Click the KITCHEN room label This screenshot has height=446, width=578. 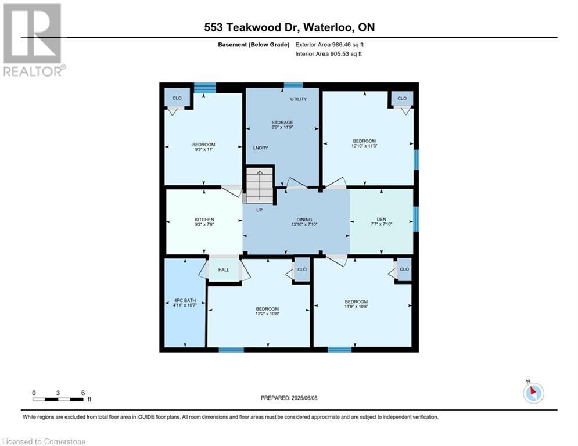[x=204, y=220]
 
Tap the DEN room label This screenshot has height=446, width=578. [x=381, y=220]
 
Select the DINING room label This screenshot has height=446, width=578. [x=304, y=220]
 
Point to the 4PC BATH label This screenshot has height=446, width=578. [x=185, y=300]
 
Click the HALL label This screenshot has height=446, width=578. [x=224, y=270]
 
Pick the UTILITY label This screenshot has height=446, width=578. [x=298, y=99]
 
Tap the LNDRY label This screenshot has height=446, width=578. [x=261, y=148]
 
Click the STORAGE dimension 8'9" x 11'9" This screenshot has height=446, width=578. [x=282, y=127]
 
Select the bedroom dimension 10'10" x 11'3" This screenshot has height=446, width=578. [x=364, y=146]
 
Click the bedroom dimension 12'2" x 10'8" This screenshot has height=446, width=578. [x=267, y=314]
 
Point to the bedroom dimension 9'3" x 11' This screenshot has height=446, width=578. [x=203, y=149]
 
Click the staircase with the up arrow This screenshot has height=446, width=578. [x=260, y=185]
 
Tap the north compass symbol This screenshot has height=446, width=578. [x=533, y=393]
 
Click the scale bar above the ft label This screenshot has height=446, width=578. [x=58, y=399]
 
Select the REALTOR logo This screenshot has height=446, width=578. [x=34, y=40]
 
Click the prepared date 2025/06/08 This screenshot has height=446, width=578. [x=304, y=398]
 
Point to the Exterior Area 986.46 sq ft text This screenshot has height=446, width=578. [x=329, y=45]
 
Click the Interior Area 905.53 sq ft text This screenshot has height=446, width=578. [x=328, y=54]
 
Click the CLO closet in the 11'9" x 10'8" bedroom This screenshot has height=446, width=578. [x=404, y=269]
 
